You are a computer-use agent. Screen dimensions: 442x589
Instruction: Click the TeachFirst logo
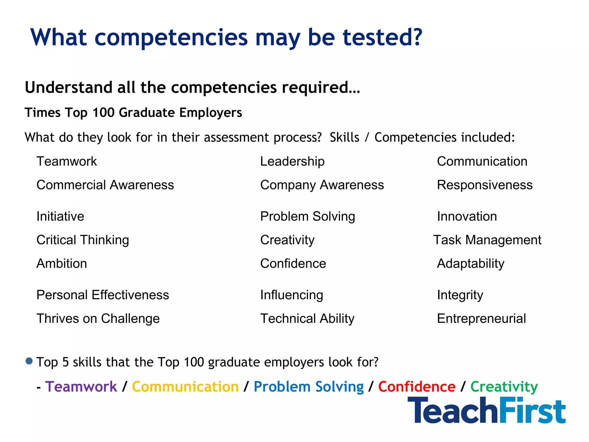pos(486,410)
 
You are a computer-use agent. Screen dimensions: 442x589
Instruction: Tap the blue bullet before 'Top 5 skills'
pos(29,361)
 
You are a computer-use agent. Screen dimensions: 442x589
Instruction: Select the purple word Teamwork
pos(81,386)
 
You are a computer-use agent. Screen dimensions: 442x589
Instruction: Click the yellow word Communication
pos(185,386)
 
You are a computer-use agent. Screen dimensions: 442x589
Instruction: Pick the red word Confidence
pos(417,386)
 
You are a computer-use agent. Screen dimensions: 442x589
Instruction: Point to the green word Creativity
pos(504,386)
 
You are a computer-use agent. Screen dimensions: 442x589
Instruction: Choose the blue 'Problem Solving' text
pos(309,386)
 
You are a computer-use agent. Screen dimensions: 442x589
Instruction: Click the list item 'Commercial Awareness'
pos(105,185)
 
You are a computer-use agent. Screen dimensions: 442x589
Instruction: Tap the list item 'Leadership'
pos(292,161)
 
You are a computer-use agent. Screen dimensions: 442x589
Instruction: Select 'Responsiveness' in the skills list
pos(485,185)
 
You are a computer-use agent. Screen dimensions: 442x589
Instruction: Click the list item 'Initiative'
pos(60,216)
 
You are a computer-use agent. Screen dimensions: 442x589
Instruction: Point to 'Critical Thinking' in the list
pos(83,240)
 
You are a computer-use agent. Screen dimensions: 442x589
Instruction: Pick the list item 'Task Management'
pos(487,240)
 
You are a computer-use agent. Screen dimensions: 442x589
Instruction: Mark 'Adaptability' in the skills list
pos(471,263)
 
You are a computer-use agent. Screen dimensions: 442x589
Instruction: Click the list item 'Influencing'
pos(292,295)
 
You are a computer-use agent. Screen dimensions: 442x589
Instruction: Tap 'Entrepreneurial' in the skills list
pos(481,319)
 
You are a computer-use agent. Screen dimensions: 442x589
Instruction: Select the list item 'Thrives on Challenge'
pos(98,319)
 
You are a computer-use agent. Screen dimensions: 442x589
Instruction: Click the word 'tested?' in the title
pos(383,37)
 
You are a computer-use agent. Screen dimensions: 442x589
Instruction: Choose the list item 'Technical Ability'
pos(307,319)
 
